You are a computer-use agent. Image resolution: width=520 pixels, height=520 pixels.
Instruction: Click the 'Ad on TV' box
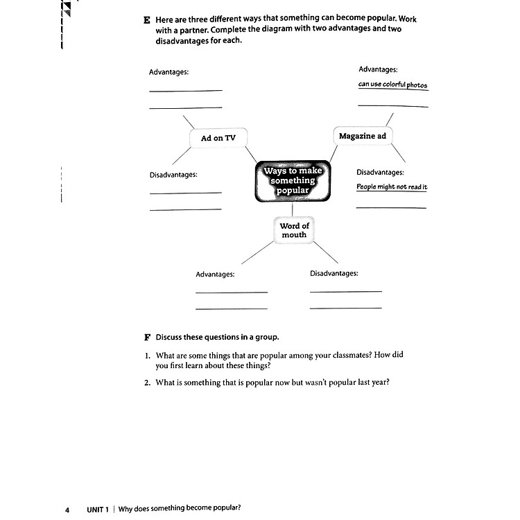pos(218,138)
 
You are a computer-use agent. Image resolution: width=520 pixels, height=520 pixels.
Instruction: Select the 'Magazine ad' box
pos(362,136)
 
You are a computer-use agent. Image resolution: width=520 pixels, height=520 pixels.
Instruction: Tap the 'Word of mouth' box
pos(294,230)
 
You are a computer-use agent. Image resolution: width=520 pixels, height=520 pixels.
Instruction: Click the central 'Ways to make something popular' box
pos(293,180)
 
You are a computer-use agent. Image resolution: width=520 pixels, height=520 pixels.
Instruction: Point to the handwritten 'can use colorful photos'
pos(392,85)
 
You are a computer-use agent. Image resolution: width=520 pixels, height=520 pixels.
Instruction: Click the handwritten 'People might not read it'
pos(392,187)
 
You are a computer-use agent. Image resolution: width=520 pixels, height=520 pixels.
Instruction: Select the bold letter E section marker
pos(147,20)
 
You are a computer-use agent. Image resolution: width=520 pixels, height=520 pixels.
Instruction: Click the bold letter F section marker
pos(147,338)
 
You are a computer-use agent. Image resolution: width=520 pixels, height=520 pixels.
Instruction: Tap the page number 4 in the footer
pos(67,510)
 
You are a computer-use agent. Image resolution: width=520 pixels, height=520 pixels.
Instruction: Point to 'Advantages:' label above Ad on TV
pos(168,72)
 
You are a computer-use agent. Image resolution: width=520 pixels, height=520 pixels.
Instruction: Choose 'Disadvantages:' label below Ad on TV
pos(173,175)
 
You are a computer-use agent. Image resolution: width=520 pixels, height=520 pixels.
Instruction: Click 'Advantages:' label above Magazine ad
pos(378,69)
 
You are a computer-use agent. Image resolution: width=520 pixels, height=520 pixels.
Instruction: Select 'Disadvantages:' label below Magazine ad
pos(380,172)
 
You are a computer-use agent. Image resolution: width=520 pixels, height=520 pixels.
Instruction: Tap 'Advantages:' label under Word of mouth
pos(215,274)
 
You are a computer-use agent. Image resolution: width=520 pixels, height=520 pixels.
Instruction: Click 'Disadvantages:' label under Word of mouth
pos(333,273)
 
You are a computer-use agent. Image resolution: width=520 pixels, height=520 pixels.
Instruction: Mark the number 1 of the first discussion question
pos(148,355)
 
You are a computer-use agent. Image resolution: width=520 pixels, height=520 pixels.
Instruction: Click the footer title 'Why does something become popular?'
pos(180,510)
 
